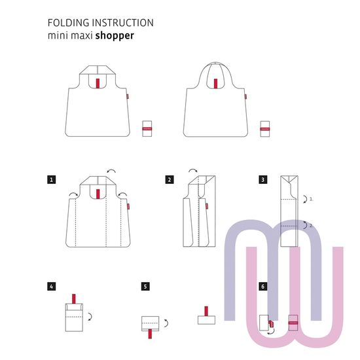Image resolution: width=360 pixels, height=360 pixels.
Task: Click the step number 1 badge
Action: (x=52, y=179)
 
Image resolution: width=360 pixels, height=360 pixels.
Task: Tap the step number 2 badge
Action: (x=170, y=179)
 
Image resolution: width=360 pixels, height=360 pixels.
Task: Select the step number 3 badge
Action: (x=263, y=179)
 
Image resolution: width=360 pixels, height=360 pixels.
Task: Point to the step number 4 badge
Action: (x=52, y=287)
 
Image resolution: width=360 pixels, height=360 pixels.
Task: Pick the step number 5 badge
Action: (x=145, y=287)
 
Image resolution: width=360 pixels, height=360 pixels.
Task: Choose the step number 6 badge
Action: (x=263, y=287)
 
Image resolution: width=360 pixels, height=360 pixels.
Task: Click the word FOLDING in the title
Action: (x=69, y=23)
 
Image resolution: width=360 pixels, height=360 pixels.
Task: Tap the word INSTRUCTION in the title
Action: (x=123, y=23)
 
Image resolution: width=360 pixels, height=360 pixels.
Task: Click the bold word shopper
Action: (x=115, y=36)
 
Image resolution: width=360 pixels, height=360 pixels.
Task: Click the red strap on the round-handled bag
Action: (x=215, y=84)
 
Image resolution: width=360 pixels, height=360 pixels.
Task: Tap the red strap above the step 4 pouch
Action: (x=74, y=298)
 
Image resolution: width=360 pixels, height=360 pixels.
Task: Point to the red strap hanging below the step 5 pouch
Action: (x=150, y=334)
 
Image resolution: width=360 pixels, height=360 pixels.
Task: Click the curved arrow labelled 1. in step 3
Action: (x=306, y=199)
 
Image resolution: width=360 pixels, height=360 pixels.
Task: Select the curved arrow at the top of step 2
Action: (x=193, y=170)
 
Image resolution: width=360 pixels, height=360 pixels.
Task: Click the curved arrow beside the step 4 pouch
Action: (x=90, y=317)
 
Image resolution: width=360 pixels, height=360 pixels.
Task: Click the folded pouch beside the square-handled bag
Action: (x=147, y=128)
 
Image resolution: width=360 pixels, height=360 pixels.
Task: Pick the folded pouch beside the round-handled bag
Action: (x=264, y=129)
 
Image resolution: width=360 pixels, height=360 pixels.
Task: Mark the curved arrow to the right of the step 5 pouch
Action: (x=167, y=323)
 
